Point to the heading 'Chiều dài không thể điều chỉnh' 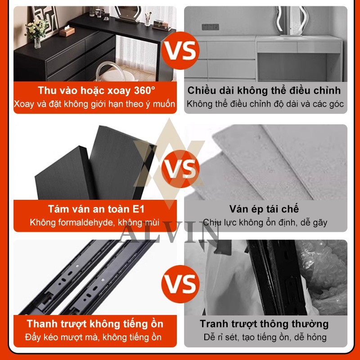tap(265, 90)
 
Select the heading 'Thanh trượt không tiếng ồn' tap(95, 324)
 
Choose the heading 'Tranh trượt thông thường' tap(265, 324)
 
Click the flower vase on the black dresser tap(37, 31)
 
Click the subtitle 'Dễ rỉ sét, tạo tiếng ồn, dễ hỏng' tap(265, 337)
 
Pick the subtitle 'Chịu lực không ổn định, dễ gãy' tap(265, 222)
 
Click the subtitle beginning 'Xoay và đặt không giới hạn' tap(94, 104)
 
